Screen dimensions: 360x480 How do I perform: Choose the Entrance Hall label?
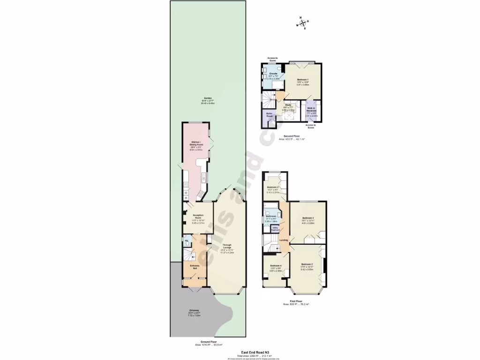click(x=195, y=266)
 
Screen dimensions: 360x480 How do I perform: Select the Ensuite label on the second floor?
click(x=273, y=74)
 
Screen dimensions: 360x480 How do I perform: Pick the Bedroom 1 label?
click(x=303, y=80)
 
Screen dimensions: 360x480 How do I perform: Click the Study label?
click(x=288, y=105)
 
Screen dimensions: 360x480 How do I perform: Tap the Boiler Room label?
click(x=270, y=114)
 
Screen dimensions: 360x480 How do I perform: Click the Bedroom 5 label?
click(x=273, y=187)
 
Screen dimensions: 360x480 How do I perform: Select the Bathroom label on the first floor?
click(x=271, y=216)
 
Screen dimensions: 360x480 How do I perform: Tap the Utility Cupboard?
click(x=276, y=229)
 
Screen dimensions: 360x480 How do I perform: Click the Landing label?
click(x=284, y=240)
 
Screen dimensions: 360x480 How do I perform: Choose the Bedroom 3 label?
click(x=307, y=218)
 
